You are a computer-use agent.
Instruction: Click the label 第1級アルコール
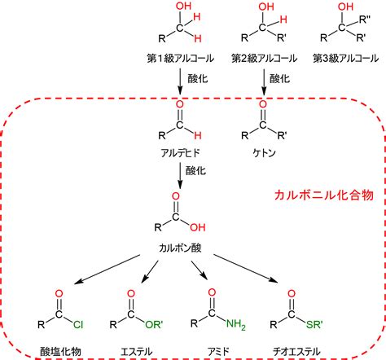click(180, 59)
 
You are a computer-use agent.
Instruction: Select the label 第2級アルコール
click(264, 59)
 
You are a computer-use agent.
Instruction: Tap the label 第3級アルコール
click(345, 59)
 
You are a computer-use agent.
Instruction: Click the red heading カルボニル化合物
click(324, 195)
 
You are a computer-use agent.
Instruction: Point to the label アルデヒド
click(180, 153)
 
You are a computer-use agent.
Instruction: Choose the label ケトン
click(264, 153)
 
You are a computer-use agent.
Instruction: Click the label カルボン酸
click(180, 248)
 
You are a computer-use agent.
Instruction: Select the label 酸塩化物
click(60, 351)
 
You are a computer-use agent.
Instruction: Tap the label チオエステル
click(296, 351)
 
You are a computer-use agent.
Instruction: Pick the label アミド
click(218, 351)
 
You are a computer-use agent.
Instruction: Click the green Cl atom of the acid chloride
click(78, 324)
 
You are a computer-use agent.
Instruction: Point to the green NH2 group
click(235, 324)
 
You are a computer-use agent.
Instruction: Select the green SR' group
click(314, 324)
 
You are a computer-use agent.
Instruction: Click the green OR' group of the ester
click(154, 324)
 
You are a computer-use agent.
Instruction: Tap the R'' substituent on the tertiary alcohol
click(365, 20)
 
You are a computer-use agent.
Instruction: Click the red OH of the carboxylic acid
click(198, 227)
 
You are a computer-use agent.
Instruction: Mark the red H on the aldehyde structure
click(198, 135)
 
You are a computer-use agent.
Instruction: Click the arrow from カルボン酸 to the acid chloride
click(107, 270)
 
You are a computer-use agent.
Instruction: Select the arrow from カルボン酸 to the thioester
click(246, 269)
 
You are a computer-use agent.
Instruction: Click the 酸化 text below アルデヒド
click(195, 170)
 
